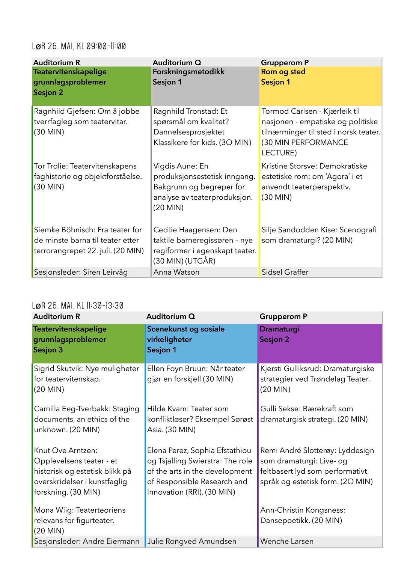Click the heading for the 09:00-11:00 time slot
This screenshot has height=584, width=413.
tap(79, 46)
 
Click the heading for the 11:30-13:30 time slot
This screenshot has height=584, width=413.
tap(78, 306)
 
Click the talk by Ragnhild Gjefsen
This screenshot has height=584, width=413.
tap(87, 122)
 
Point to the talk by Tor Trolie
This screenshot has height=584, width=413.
tap(88, 176)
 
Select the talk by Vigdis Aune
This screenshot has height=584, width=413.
tap(204, 187)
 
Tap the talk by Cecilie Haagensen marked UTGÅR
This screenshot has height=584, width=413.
tap(205, 245)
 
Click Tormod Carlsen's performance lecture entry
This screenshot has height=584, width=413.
tap(321, 132)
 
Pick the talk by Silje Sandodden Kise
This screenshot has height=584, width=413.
tap(319, 235)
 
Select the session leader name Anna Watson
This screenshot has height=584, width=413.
tap(176, 272)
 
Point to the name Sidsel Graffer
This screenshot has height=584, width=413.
tap(285, 272)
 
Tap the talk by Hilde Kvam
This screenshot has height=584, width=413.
tap(200, 419)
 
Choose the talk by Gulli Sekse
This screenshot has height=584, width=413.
tap(314, 414)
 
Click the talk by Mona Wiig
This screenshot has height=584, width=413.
tap(80, 520)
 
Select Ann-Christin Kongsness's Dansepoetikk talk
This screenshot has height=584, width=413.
tap(303, 515)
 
